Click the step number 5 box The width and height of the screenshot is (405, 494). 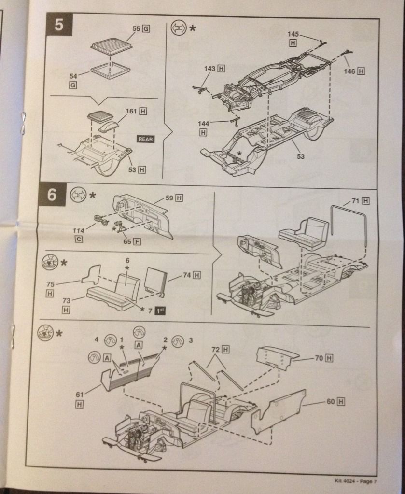58,26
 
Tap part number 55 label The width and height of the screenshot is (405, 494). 137,29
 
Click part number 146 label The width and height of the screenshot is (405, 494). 349,71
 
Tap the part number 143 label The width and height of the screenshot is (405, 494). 209,69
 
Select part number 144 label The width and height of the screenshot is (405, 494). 203,123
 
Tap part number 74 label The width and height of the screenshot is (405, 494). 186,275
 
